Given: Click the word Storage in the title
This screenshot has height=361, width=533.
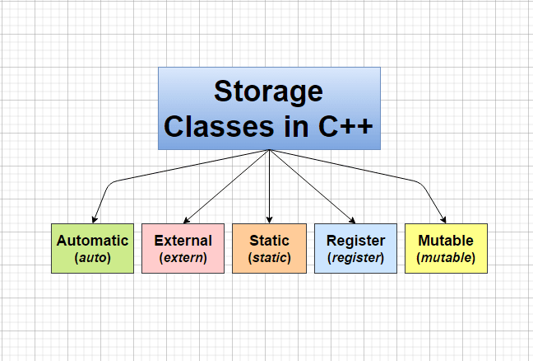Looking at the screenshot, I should coord(269,91).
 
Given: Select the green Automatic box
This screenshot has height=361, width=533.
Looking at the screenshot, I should coord(92,248).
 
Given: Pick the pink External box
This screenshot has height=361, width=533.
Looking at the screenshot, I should coord(183,248).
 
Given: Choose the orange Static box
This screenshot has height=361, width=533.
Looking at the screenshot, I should coord(269,248).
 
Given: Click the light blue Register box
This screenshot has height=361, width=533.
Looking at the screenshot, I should coord(355,248).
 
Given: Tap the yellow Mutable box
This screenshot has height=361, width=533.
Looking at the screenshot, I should coord(446,248).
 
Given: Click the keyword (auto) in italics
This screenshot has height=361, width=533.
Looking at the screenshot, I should coord(92,258).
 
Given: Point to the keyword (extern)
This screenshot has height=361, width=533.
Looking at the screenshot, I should coord(183,258).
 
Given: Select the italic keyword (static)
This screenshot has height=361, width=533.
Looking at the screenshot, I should coord(269,258).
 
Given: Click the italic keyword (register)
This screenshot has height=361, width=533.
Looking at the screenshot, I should coord(355,258).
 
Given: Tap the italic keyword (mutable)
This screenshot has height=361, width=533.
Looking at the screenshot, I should coord(446,258).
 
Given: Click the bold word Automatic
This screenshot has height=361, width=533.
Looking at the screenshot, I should coord(92,241).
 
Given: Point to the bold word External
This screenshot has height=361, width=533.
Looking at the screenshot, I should coord(183,241).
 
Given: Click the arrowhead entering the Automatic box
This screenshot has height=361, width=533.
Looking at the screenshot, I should coord(94,219).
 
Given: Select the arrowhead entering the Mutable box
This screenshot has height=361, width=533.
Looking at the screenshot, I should coord(444,219).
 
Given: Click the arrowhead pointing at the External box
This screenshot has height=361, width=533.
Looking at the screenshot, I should coord(186,219).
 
